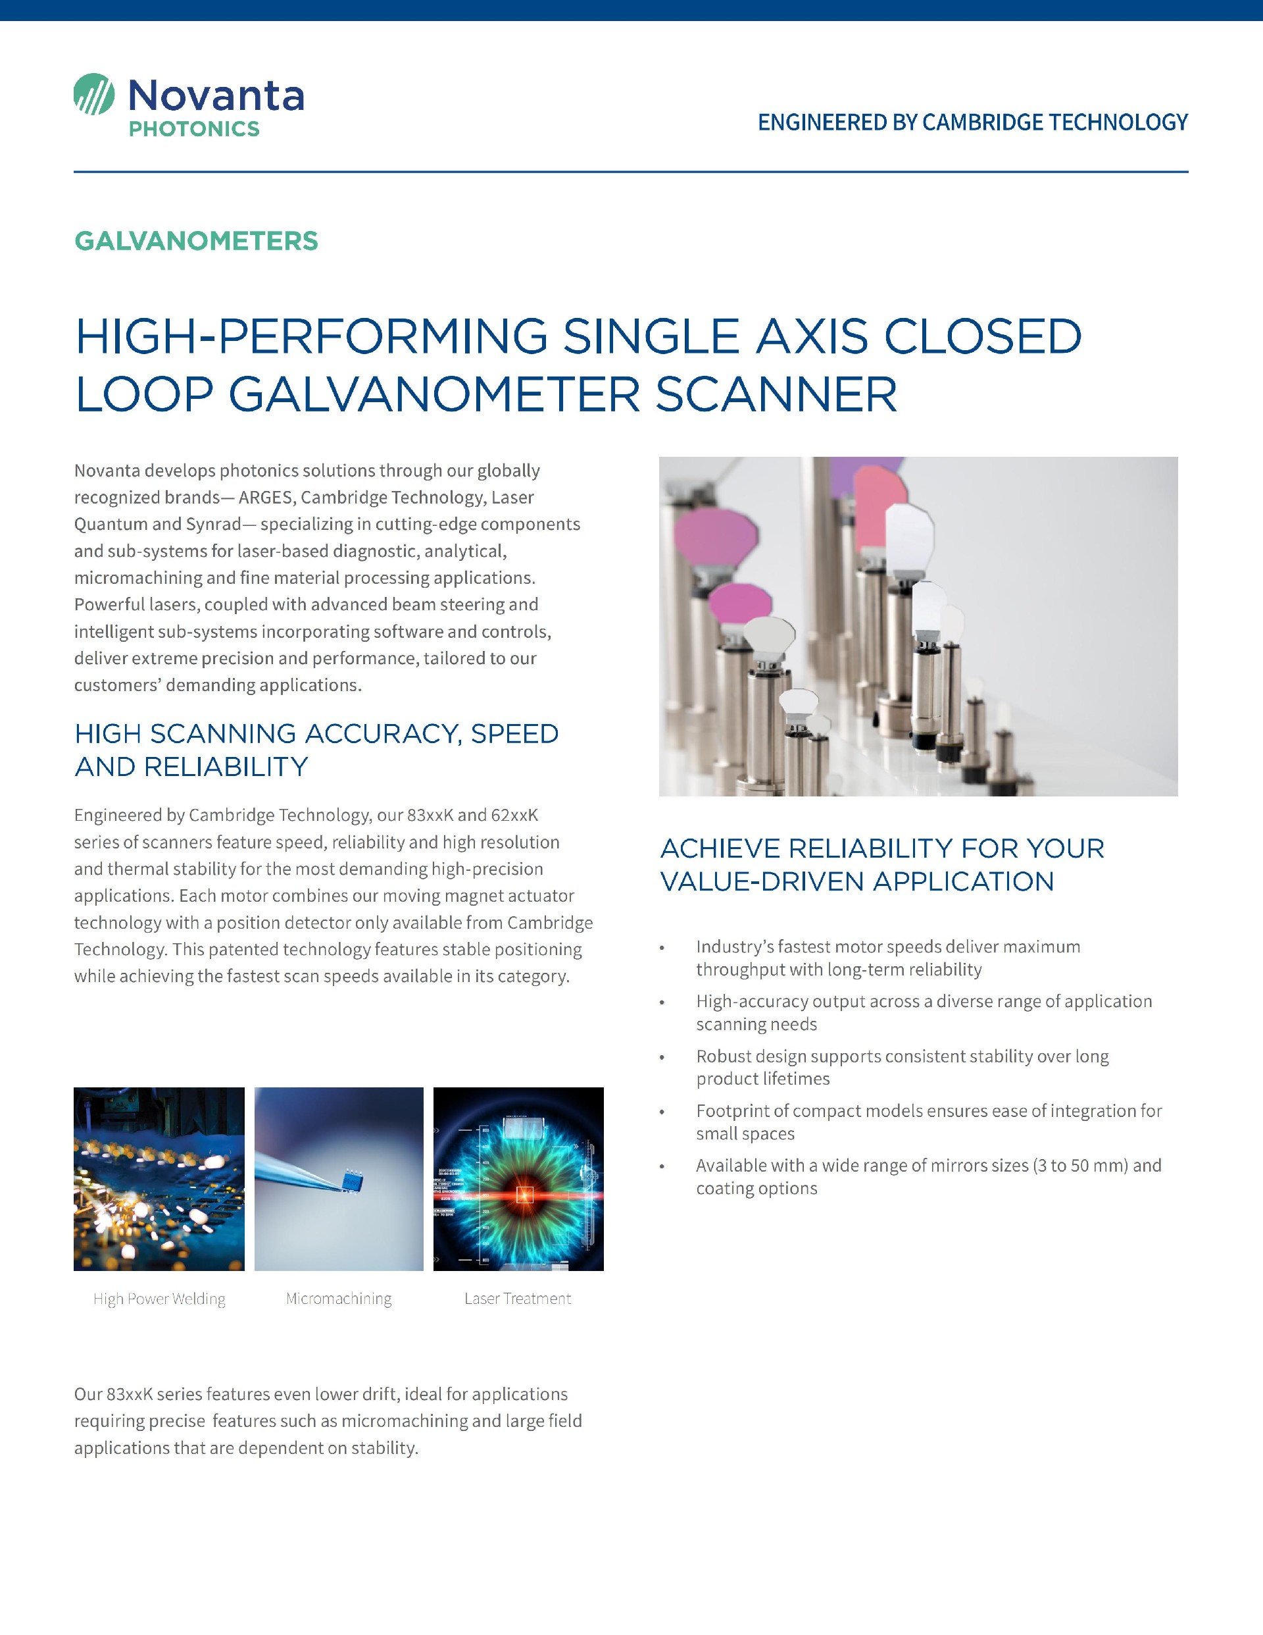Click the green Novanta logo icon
[x=94, y=94]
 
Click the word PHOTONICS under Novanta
[x=194, y=129]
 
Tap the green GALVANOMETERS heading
[x=196, y=241]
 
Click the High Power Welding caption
[x=159, y=1299]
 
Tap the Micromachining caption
[x=338, y=1299]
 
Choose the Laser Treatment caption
[x=517, y=1299]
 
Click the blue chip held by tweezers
[x=351, y=1179]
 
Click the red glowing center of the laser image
[x=524, y=1195]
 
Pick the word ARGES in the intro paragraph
[x=266, y=498]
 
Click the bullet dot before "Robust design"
[x=661, y=1058]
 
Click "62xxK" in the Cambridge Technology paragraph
[x=514, y=816]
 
